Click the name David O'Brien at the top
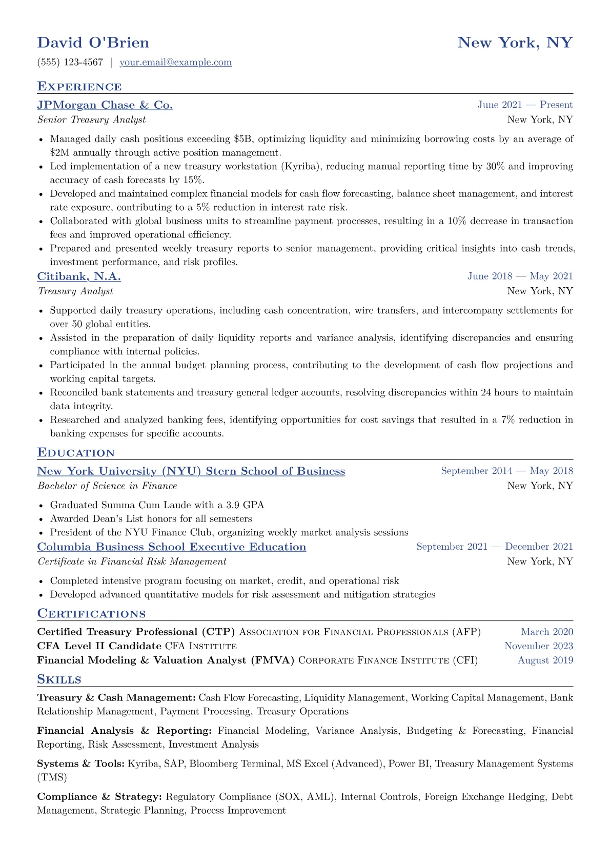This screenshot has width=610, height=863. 93,43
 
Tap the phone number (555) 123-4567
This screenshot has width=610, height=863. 70,63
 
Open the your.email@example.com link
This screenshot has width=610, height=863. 175,63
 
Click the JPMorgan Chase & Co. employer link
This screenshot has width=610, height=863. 105,105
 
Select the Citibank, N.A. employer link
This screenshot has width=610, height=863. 79,277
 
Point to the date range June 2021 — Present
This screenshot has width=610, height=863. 524,105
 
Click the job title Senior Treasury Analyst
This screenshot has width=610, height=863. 91,120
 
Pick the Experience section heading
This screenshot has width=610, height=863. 79,87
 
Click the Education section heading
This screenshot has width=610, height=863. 76,453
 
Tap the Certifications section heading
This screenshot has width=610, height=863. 91,614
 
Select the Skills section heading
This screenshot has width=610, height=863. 59,679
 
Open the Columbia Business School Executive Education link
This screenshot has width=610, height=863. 172,547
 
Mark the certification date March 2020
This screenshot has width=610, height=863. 547,632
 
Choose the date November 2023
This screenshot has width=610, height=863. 538,646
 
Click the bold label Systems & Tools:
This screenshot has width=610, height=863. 80,764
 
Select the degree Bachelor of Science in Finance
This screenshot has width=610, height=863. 107,486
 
